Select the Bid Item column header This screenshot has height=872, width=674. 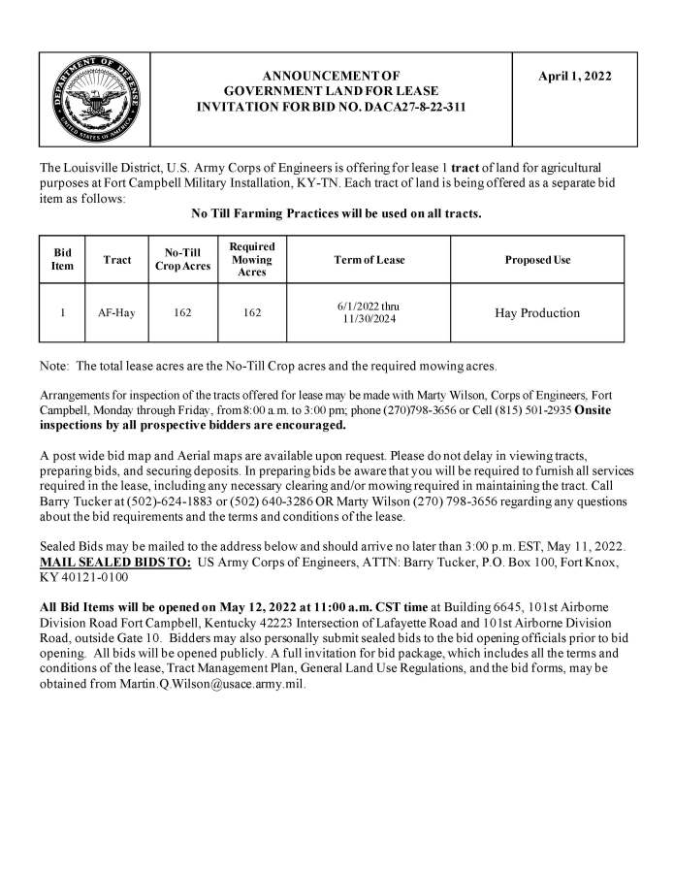[61, 260]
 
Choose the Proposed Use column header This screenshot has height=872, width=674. [537, 260]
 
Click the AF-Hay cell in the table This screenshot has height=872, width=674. [116, 313]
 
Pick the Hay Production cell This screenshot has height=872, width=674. [536, 313]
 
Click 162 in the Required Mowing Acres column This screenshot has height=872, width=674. [251, 313]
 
